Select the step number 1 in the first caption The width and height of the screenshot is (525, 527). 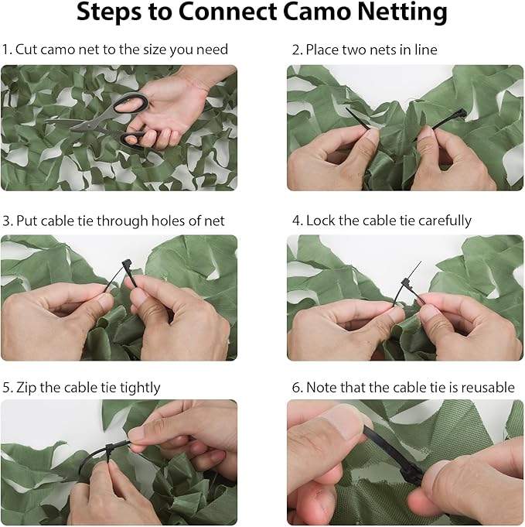click(5, 50)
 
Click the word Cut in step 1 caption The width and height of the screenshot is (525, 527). click(26, 50)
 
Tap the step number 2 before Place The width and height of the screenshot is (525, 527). click(296, 50)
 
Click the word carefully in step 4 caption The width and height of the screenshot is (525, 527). click(440, 221)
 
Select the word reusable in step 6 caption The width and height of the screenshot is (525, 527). click(486, 387)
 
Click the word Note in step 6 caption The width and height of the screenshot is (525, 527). click(322, 387)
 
